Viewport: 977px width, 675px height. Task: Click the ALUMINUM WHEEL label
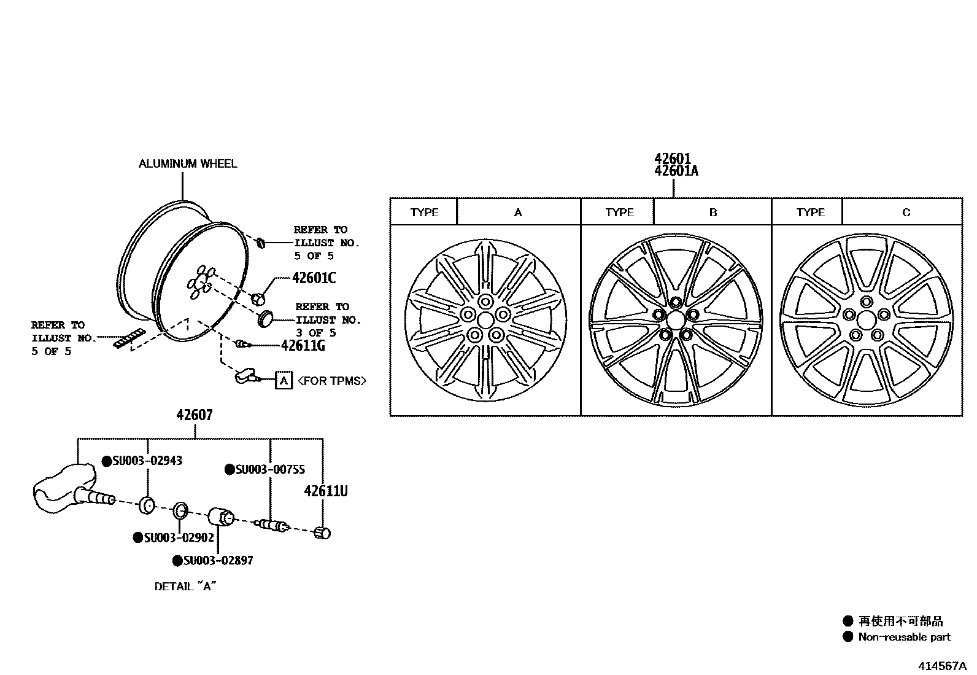tap(187, 163)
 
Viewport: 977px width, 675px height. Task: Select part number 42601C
tap(314, 278)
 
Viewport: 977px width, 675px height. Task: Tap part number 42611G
tap(303, 346)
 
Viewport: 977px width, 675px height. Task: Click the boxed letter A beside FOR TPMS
tap(283, 381)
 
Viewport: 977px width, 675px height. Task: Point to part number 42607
tap(195, 415)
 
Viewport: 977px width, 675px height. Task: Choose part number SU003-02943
tap(147, 461)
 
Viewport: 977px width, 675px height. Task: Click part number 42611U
tap(326, 491)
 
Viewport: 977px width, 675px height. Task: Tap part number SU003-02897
tap(218, 561)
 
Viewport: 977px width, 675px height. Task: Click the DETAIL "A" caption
tap(185, 587)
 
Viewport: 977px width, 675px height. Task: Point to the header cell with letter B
tap(712, 213)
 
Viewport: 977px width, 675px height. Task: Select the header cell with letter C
tap(906, 213)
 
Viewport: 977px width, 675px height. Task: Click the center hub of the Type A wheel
tap(485, 320)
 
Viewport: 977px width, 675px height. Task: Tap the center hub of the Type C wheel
tap(866, 319)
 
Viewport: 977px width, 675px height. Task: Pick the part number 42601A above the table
tap(676, 171)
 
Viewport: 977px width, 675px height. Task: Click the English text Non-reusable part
tap(904, 637)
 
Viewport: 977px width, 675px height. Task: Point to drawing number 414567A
tap(942, 666)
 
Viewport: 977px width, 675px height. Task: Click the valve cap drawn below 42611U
tap(323, 533)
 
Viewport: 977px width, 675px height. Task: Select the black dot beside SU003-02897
tap(177, 561)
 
